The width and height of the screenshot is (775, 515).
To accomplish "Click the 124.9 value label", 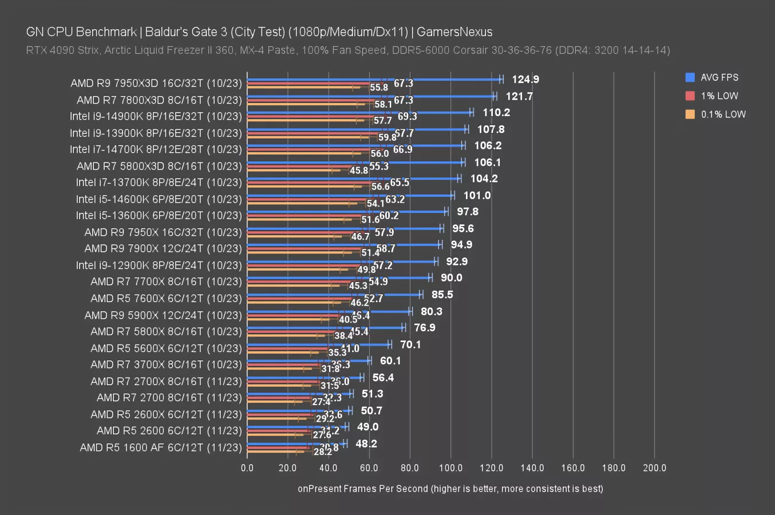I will point(525,80).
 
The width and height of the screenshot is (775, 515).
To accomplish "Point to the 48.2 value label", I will point(366,443).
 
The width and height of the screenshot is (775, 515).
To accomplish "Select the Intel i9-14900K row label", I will point(156,116).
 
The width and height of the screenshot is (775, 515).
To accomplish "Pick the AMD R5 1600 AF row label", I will point(161,447).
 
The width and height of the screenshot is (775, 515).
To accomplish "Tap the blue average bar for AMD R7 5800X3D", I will point(355,163).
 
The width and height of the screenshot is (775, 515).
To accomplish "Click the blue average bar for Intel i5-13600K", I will point(346,212).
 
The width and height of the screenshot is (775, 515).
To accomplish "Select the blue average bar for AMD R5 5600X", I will point(318,344).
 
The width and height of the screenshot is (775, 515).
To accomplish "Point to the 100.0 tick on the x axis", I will point(450,468).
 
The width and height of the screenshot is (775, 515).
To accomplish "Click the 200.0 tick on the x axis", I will point(654,468).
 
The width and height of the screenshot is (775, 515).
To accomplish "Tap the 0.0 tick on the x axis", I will point(247,468).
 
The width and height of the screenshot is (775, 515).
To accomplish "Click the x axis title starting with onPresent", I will point(450,489).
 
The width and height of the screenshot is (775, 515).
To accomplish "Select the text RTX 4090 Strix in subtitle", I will point(62,50).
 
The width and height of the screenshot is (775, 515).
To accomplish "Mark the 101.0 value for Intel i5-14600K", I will point(477,195).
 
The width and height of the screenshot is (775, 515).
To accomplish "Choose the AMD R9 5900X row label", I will point(163,315).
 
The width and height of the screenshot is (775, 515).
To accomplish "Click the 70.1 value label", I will point(410,344).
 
